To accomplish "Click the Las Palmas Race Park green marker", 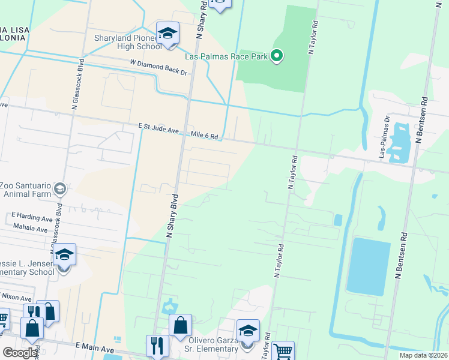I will [277, 56].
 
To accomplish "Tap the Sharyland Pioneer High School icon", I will [168, 33].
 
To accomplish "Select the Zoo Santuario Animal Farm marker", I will [59, 189].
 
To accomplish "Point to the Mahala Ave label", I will [30, 229].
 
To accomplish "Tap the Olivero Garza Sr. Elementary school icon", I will [248, 331].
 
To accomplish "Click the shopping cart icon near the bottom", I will [283, 352].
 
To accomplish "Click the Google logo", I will [20, 353].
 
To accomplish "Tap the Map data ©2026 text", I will [424, 355].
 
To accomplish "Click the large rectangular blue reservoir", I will [369, 266].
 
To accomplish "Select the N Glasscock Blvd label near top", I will [76, 85].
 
